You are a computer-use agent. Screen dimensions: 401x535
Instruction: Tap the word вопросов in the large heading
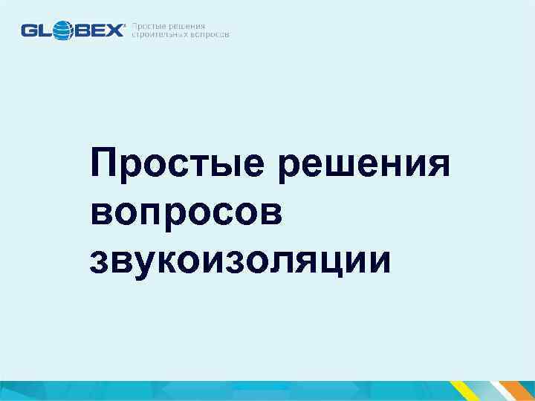click(187, 212)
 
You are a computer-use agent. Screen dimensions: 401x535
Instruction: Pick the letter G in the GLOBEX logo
click(30, 30)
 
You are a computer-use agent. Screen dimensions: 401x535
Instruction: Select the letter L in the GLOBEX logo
click(47, 30)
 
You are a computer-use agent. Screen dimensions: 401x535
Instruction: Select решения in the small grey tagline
click(187, 26)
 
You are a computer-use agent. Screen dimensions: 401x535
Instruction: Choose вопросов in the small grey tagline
click(211, 35)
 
